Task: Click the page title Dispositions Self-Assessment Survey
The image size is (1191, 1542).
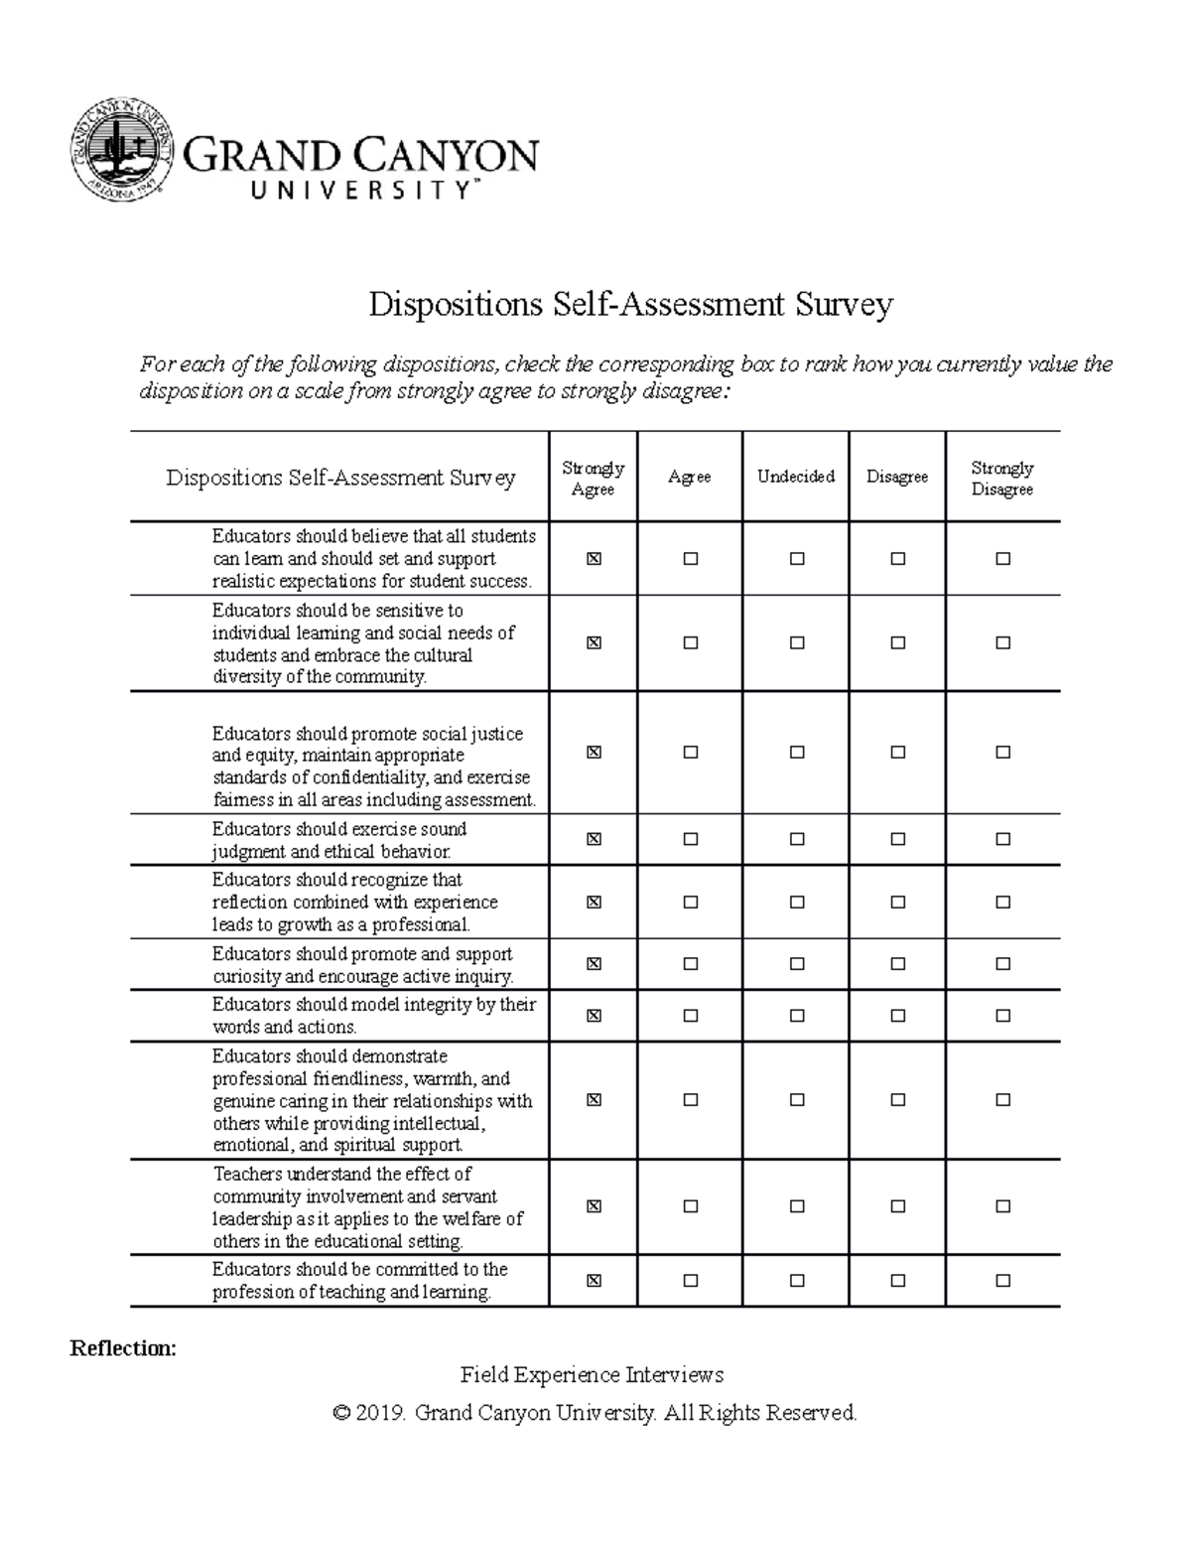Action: pos(630,304)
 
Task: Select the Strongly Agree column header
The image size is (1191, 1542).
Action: pos(593,478)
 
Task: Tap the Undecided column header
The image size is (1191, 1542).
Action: pos(795,477)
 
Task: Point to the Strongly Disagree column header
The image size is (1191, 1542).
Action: pos(1001,478)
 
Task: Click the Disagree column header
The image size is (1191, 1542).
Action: pos(896,477)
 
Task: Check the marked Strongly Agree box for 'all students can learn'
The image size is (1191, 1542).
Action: pos(594,559)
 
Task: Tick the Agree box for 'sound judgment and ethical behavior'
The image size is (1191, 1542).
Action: pos(691,839)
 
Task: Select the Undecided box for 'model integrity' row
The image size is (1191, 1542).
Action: pos(797,1016)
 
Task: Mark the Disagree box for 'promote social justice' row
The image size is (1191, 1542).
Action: pos(898,753)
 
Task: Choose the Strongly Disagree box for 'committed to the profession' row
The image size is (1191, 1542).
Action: pos(1002,1281)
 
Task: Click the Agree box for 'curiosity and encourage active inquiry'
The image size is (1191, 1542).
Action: pos(691,964)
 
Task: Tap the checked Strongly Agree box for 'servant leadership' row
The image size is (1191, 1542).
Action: pos(594,1206)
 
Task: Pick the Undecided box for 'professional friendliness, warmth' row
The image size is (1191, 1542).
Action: pos(797,1100)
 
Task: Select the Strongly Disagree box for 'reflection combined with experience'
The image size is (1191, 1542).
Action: pos(1002,903)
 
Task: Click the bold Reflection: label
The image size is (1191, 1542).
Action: pos(122,1348)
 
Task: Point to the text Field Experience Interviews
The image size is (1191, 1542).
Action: pos(592,1375)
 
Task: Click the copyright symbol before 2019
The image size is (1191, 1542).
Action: pos(342,1413)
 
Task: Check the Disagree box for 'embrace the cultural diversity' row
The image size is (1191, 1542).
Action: pos(898,643)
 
